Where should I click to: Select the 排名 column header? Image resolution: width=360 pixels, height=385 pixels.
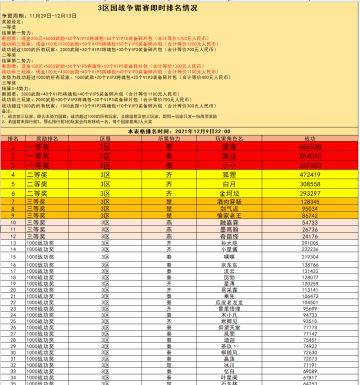tap(14, 138)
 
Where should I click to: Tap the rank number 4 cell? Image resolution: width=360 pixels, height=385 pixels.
tap(14, 173)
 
